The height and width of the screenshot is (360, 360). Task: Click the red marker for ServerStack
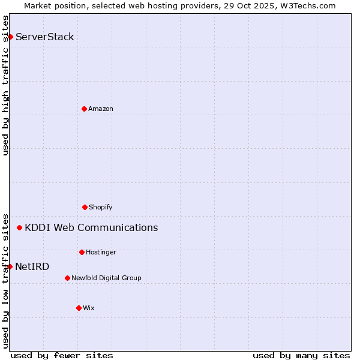click(x=10, y=37)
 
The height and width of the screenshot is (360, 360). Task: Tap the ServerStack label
click(x=44, y=37)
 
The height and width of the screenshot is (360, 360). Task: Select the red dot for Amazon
click(x=84, y=109)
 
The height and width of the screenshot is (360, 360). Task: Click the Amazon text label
click(x=100, y=109)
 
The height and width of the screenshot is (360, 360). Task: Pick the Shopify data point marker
click(x=85, y=207)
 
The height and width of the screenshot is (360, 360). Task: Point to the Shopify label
click(x=100, y=207)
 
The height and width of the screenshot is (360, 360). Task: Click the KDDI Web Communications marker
click(x=20, y=227)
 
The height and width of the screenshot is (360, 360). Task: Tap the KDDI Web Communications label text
click(x=91, y=227)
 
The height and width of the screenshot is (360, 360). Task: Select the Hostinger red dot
click(x=82, y=252)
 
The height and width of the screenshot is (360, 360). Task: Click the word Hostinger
click(x=101, y=252)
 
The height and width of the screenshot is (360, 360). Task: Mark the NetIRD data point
click(x=10, y=266)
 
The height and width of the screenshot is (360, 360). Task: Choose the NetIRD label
click(x=32, y=267)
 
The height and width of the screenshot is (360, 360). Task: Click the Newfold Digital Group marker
click(x=67, y=278)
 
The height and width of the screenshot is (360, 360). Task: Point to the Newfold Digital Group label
click(x=106, y=278)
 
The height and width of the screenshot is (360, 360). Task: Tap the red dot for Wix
click(x=79, y=308)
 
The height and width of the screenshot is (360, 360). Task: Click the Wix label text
click(x=89, y=308)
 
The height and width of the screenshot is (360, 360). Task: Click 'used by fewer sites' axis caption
click(x=62, y=355)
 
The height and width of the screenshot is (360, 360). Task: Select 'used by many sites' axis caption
click(x=301, y=355)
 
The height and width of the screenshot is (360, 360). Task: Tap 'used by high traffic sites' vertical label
click(x=5, y=85)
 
